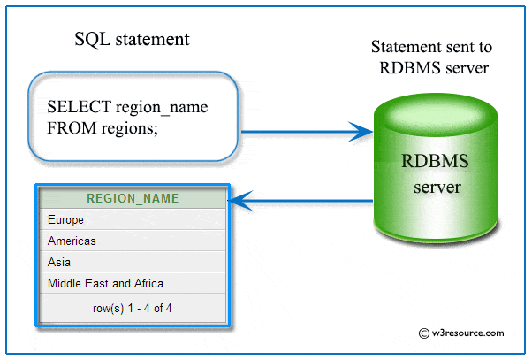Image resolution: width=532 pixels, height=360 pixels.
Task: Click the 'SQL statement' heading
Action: (x=132, y=41)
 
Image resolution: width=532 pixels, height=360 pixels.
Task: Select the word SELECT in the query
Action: (x=79, y=107)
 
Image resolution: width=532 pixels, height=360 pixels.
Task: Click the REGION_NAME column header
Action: (x=133, y=198)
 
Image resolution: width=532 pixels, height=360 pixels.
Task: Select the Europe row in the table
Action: (x=66, y=219)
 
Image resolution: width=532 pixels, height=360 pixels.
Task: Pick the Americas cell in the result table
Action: (x=72, y=241)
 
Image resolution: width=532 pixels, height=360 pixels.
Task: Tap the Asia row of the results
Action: (x=59, y=262)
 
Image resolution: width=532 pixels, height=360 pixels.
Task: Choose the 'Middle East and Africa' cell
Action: (x=105, y=283)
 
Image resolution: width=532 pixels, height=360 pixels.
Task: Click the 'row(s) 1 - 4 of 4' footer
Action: (x=133, y=308)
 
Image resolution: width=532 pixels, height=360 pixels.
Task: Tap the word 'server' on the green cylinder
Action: (x=432, y=187)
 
